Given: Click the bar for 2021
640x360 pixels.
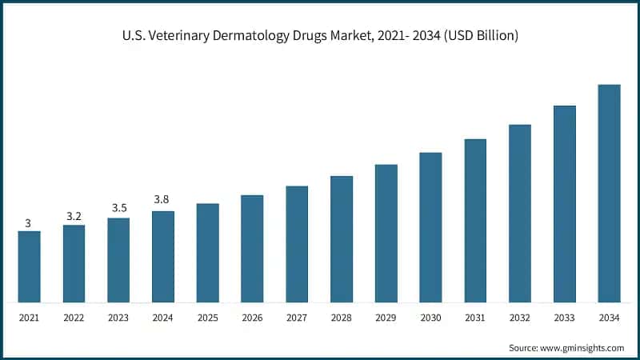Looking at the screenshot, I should pyautogui.click(x=29, y=267).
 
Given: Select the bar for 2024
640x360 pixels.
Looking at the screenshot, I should pyautogui.click(x=163, y=257).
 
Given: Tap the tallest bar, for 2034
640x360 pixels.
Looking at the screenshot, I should pyautogui.click(x=609, y=194).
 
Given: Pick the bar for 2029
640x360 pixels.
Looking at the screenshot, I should pyautogui.click(x=386, y=234).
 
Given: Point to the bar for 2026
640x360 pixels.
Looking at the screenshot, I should pyautogui.click(x=252, y=249).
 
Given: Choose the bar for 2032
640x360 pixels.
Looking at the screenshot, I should pyautogui.click(x=520, y=214).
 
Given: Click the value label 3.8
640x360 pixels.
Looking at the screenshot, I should pyautogui.click(x=163, y=199).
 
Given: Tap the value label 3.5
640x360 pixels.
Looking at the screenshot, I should pyautogui.click(x=118, y=207).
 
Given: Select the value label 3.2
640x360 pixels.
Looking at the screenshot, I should pyautogui.click(x=74, y=215).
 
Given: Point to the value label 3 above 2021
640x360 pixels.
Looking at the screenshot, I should pyautogui.click(x=29, y=223).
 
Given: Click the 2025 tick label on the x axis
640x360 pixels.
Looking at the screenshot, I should pyautogui.click(x=207, y=318).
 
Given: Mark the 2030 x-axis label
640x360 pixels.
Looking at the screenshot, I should pyautogui.click(x=430, y=318).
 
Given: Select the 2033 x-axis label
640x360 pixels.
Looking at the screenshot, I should pyautogui.click(x=564, y=318).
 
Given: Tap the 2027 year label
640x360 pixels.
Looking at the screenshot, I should pyautogui.click(x=297, y=318).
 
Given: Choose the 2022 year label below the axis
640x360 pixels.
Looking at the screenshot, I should pyautogui.click(x=74, y=318).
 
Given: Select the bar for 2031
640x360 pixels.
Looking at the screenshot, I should pyautogui.click(x=475, y=221).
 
